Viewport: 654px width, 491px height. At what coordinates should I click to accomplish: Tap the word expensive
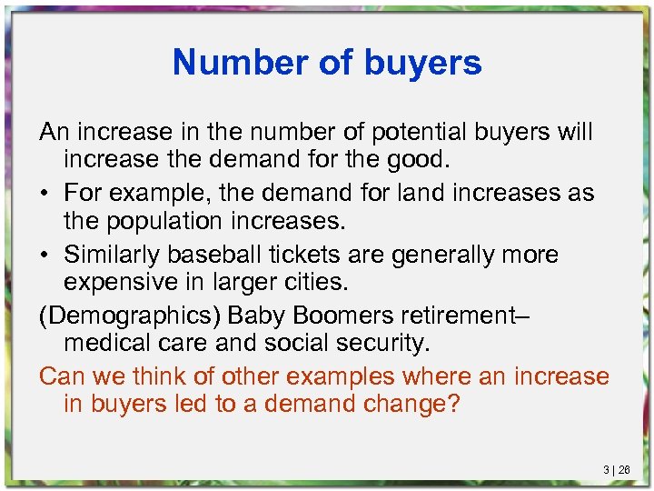pos(132,284)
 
